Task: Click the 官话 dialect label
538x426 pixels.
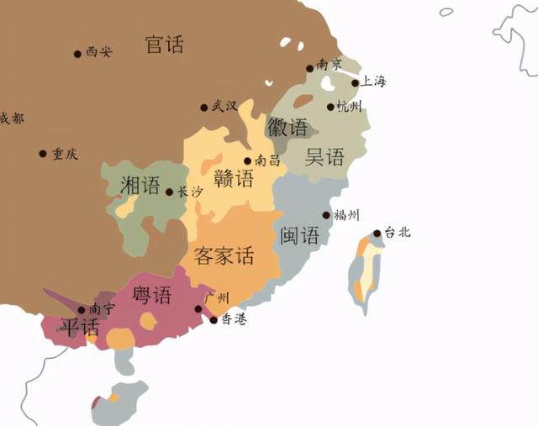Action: tap(165, 45)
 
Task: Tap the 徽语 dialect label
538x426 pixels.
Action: tap(287, 128)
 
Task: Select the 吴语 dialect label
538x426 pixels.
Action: tap(324, 156)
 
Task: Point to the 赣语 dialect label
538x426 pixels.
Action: tap(233, 178)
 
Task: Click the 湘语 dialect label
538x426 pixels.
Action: tap(140, 185)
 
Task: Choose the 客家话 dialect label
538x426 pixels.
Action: tap(224, 255)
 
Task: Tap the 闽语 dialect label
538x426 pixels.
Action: tap(300, 235)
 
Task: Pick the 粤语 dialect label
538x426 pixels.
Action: tap(152, 295)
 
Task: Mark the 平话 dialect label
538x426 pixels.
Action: tap(78, 328)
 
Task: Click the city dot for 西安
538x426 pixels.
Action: tap(77, 54)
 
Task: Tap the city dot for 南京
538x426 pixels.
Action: tap(310, 69)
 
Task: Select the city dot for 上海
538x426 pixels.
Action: tap(355, 83)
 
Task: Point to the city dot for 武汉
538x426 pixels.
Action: tap(203, 108)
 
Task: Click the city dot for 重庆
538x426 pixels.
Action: tap(43, 154)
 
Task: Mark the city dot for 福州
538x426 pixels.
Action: tap(326, 215)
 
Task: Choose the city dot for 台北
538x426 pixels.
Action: tap(377, 234)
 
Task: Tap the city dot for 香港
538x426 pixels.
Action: tap(214, 320)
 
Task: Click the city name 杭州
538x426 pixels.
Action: tap(349, 107)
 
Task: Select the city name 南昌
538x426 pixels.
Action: tap(267, 160)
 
